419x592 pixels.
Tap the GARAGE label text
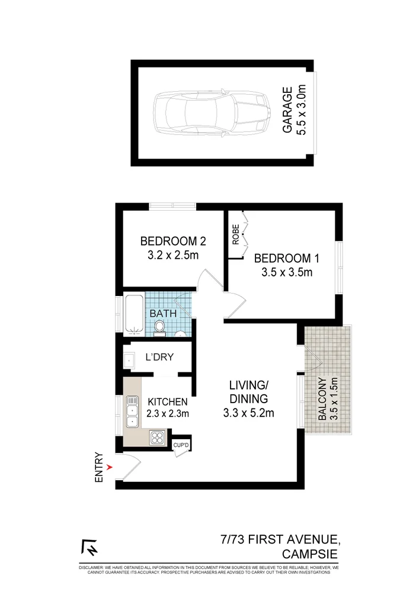pyautogui.click(x=287, y=110)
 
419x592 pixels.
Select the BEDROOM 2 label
pyautogui.click(x=172, y=242)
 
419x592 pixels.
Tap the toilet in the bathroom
pyautogui.click(x=159, y=328)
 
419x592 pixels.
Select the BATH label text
pyautogui.click(x=162, y=313)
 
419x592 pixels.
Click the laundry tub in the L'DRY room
pyautogui.click(x=130, y=359)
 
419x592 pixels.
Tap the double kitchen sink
pyautogui.click(x=132, y=413)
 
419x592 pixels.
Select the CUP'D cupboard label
pyautogui.click(x=180, y=445)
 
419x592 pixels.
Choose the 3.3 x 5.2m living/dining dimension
pyautogui.click(x=248, y=413)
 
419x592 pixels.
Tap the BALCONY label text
pyautogui.click(x=321, y=400)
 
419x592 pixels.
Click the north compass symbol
pyautogui.click(x=89, y=548)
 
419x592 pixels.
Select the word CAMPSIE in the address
pyautogui.click(x=311, y=554)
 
